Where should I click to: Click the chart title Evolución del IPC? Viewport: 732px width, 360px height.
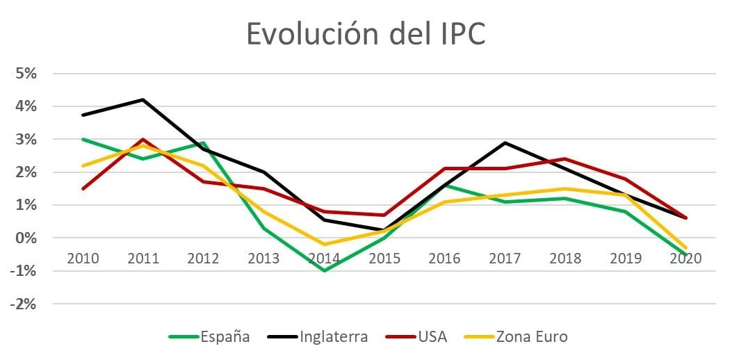click(x=366, y=33)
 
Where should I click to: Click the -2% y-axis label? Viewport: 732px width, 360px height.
click(x=26, y=304)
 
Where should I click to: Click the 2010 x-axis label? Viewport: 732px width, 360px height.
click(x=83, y=258)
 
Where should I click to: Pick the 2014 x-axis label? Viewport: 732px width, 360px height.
click(x=324, y=258)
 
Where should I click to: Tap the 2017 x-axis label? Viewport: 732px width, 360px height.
click(x=505, y=258)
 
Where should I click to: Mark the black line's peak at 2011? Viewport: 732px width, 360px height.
click(x=143, y=99)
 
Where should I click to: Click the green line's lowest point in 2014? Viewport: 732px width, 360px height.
click(x=324, y=270)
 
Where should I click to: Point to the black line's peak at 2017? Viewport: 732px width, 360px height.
click(x=505, y=142)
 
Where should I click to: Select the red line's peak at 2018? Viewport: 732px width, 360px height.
click(x=566, y=158)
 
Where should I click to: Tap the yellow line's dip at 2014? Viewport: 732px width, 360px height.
click(x=324, y=244)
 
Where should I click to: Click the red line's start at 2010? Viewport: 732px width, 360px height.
click(x=83, y=188)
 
